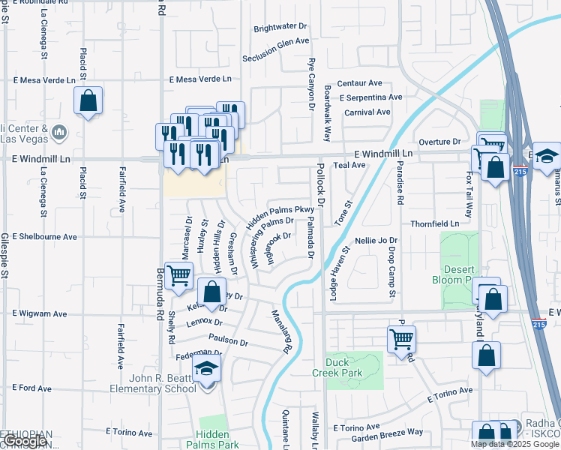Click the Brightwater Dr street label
point(280,28)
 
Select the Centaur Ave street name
point(359,83)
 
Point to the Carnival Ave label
point(367,112)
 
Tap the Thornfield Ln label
point(434,223)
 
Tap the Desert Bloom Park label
point(460,273)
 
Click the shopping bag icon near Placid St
point(88,101)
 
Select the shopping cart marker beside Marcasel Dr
point(178,275)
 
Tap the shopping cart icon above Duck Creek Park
point(401,339)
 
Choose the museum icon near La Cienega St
point(60,133)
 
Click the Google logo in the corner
point(25,441)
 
